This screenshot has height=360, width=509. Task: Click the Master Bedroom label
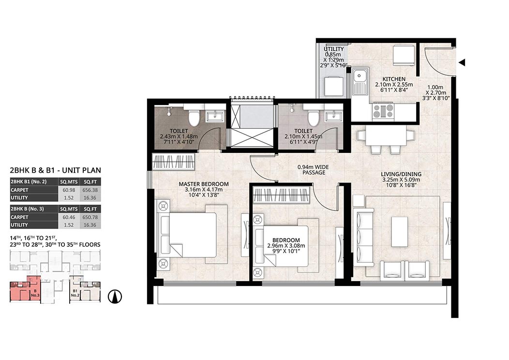tap(204, 184)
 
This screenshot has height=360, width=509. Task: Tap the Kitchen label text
tap(394, 79)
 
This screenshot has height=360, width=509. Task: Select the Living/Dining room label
tap(401, 174)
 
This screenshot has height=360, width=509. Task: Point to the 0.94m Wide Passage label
tap(313, 170)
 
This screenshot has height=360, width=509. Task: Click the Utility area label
tap(333, 49)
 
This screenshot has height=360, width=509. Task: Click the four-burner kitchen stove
tap(383, 110)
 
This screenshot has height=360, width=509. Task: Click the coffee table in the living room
tap(400, 232)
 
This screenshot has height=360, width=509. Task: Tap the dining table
tap(386, 136)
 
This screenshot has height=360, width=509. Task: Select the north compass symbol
tap(115, 297)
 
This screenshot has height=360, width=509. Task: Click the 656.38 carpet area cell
tap(90, 190)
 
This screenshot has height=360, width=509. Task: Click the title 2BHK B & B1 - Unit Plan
tap(56, 170)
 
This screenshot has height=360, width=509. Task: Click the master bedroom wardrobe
tap(174, 162)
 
